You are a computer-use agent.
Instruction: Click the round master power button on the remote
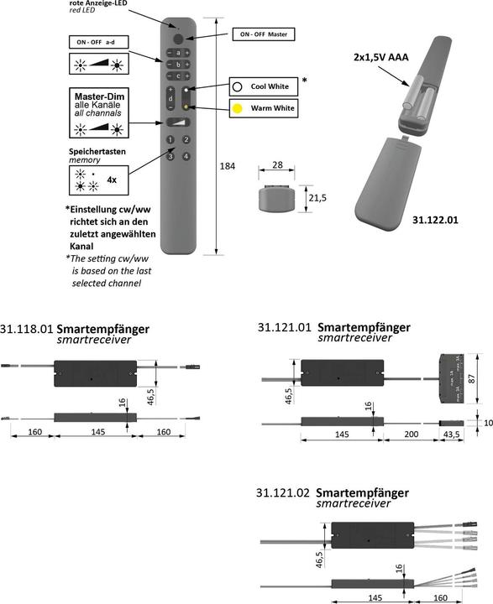point(178,39)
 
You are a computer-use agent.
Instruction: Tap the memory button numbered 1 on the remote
point(170,141)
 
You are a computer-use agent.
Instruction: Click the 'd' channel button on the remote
point(170,99)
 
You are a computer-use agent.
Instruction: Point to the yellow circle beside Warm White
point(238,107)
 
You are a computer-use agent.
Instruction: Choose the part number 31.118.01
point(28,328)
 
